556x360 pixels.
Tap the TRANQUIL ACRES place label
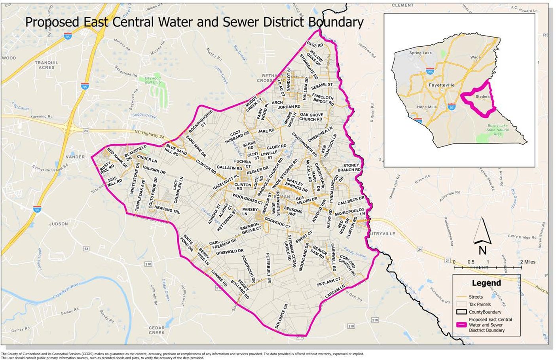[46, 65]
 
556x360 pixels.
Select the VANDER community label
[75, 157]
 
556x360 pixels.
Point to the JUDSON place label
[59, 224]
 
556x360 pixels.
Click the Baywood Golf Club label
[152, 80]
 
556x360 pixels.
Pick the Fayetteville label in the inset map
[442, 85]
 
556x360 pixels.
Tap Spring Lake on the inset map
[421, 53]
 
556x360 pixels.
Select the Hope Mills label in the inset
[427, 107]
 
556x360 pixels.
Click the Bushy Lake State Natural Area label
[497, 130]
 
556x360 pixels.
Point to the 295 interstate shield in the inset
[430, 71]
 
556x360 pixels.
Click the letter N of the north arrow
[482, 250]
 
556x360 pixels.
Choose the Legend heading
[486, 283]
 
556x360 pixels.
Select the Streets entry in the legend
[476, 297]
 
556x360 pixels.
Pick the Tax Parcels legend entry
[480, 304]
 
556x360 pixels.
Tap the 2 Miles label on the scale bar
[528, 262]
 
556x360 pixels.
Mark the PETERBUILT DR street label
[268, 268]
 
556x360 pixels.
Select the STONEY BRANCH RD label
[349, 168]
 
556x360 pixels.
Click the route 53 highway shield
[86, 249]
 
